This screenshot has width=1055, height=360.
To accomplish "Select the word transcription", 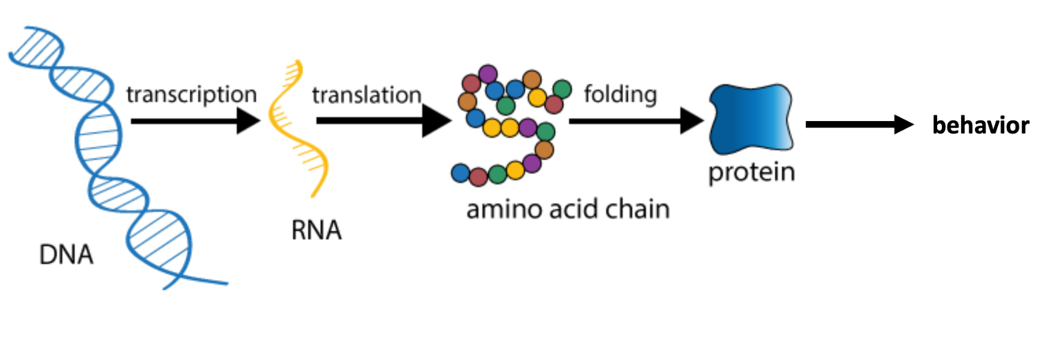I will click(192, 94).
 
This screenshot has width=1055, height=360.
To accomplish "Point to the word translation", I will click(366, 95).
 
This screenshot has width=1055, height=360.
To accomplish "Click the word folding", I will click(621, 95).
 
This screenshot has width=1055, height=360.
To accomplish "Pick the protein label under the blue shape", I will click(751, 172).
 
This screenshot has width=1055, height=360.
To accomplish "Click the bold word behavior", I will click(981, 125).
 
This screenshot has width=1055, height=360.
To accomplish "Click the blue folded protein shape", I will click(751, 119).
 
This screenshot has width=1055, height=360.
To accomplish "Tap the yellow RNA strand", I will click(297, 127).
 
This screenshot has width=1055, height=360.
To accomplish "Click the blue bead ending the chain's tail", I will click(459, 172).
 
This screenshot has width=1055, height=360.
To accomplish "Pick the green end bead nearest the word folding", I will click(562, 89).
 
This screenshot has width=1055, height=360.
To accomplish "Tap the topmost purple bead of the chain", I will click(489, 74).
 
